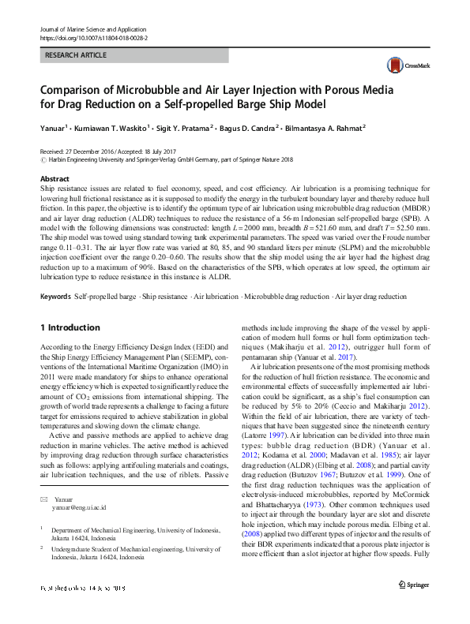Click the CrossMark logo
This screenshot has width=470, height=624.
[x=402, y=65]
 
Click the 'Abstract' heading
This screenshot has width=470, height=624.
[x=55, y=180]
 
